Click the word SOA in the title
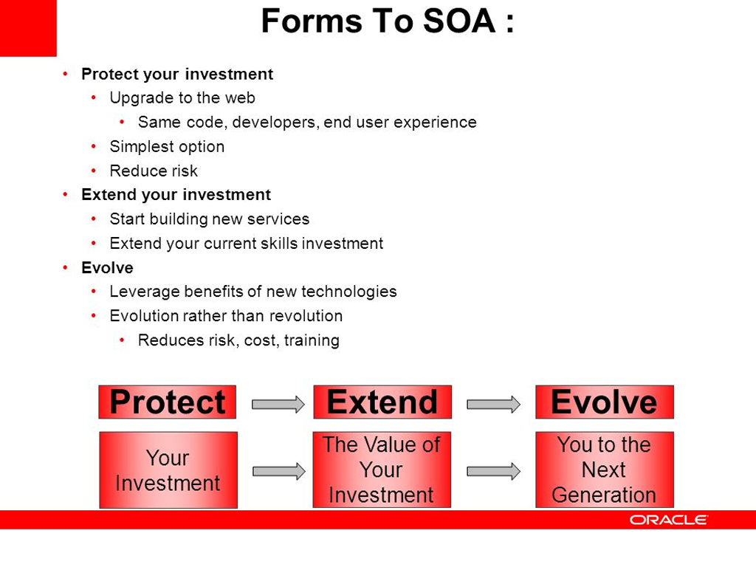(459, 21)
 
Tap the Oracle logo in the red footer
(668, 520)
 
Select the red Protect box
(168, 402)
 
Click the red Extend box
(382, 402)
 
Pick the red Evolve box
(605, 402)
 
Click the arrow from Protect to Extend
(278, 404)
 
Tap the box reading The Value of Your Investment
(382, 470)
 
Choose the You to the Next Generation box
(605, 470)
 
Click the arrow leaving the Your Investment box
(278, 471)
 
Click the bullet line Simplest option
(167, 147)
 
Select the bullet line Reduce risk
(154, 171)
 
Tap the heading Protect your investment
(177, 75)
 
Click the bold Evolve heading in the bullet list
(107, 267)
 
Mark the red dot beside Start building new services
(94, 219)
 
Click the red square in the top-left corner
(28, 28)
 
